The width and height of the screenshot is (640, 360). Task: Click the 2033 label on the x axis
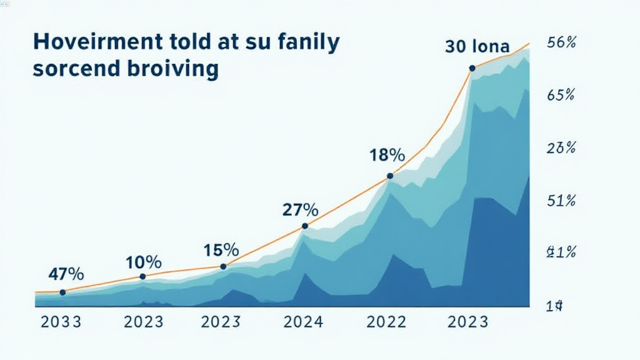tap(61, 322)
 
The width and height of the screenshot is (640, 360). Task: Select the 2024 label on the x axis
tap(303, 322)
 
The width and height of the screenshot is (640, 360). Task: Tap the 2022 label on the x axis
tap(386, 322)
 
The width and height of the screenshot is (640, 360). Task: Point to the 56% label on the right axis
tap(561, 43)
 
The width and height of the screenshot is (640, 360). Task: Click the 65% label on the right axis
tap(561, 96)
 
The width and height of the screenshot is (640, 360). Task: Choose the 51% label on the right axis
tap(561, 201)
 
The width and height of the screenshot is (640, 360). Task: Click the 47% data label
tap(66, 274)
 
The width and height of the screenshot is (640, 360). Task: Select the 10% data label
tap(143, 262)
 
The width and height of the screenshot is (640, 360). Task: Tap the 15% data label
tap(221, 250)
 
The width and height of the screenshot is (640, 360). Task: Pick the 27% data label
tap(301, 210)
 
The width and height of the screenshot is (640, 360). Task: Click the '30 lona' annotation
tap(477, 46)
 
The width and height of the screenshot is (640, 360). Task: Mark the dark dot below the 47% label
tap(62, 292)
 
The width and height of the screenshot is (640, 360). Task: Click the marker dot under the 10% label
tap(142, 276)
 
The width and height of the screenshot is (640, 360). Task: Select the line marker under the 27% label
tap(305, 226)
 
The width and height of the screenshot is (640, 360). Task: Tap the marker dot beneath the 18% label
tap(389, 176)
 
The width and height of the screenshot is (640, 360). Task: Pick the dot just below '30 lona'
tap(472, 67)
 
